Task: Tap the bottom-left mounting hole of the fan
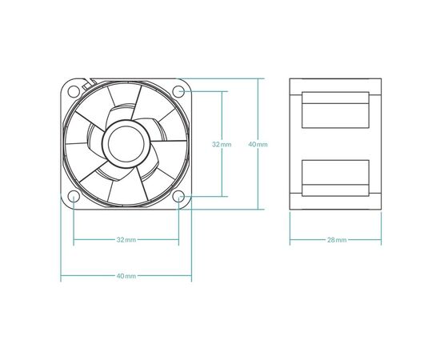pos(74,197)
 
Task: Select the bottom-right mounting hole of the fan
pos(178,197)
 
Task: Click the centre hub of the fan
pos(126,144)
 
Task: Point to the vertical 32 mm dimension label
pos(222,145)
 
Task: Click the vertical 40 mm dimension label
pos(258,145)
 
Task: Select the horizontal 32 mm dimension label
pos(126,240)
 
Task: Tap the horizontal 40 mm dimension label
pos(126,276)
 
